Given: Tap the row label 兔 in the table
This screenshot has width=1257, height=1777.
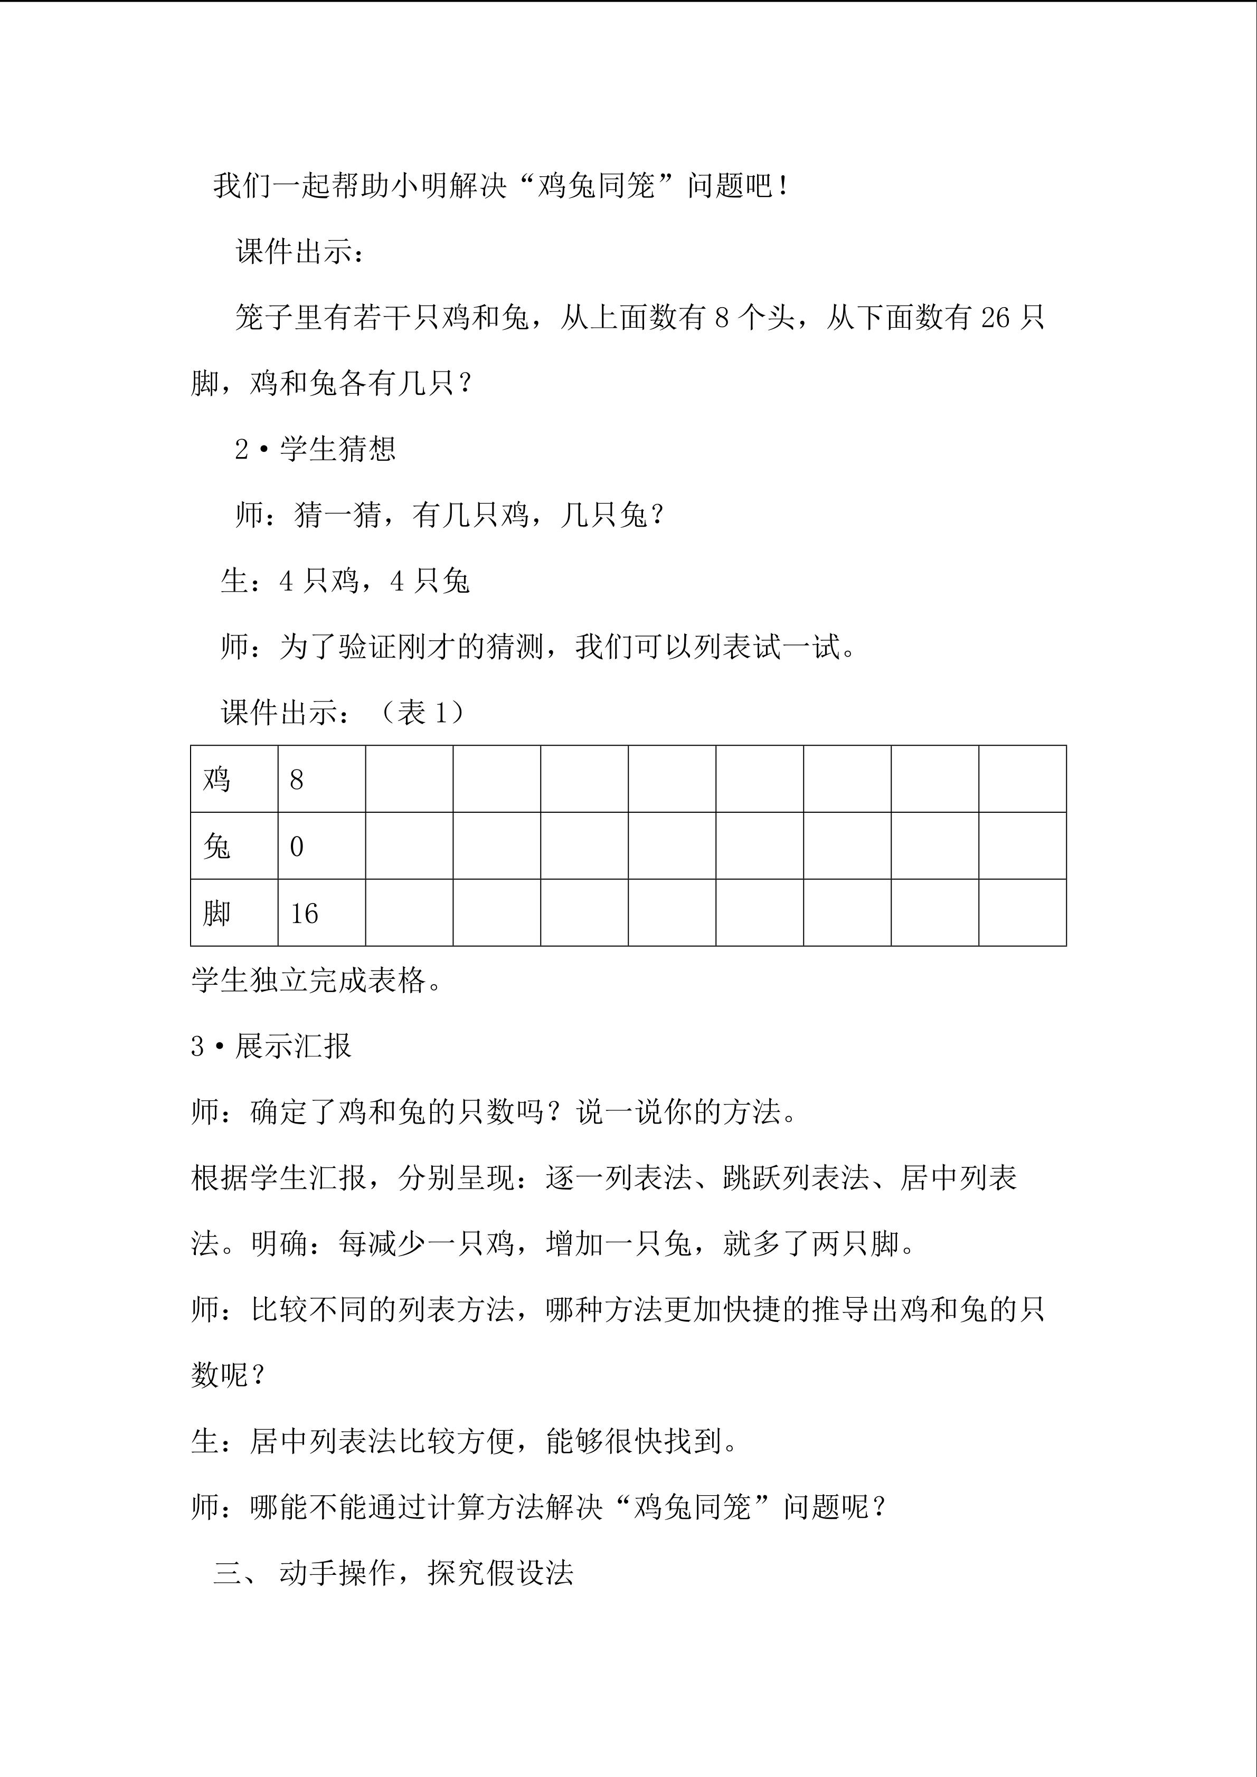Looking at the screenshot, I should (x=217, y=846).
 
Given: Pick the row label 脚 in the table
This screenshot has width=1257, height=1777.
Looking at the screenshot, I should (x=217, y=913).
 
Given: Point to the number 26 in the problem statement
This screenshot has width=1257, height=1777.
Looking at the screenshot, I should (x=995, y=317).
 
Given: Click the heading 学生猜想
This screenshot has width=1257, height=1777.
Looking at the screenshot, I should (x=337, y=449).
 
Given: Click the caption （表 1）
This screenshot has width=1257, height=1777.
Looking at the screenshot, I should (x=422, y=712).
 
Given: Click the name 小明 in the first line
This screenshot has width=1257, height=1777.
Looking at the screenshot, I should (x=420, y=186).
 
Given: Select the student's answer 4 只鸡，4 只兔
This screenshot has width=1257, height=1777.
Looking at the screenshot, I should (x=375, y=581).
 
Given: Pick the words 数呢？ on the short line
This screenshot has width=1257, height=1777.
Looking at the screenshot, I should (x=229, y=1375).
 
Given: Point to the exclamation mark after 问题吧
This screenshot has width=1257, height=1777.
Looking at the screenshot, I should (x=785, y=186).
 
